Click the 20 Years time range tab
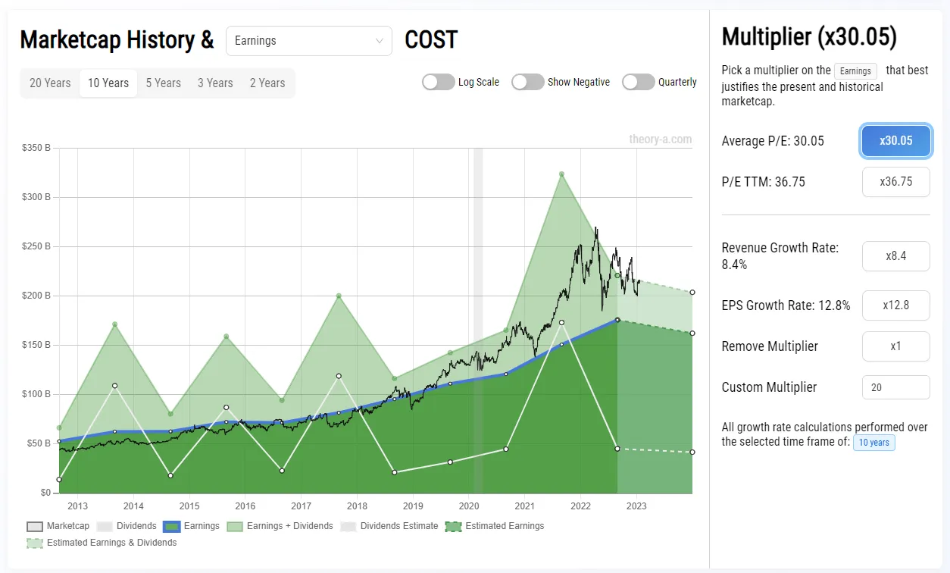[50, 83]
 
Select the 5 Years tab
[163, 83]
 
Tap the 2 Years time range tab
[267, 83]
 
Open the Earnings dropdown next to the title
[308, 41]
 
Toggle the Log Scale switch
[439, 82]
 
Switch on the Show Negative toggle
[528, 82]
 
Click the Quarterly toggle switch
[639, 82]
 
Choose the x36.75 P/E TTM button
[895, 182]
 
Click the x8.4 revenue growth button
[895, 256]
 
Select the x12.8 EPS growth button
[895, 305]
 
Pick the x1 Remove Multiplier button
[895, 346]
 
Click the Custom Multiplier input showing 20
[895, 387]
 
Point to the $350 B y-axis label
[36, 148]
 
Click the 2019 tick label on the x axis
[413, 506]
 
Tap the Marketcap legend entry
[58, 526]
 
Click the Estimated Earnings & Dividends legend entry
[102, 543]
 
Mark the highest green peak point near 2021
[561, 174]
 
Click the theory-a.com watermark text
[660, 139]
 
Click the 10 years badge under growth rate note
[873, 443]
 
